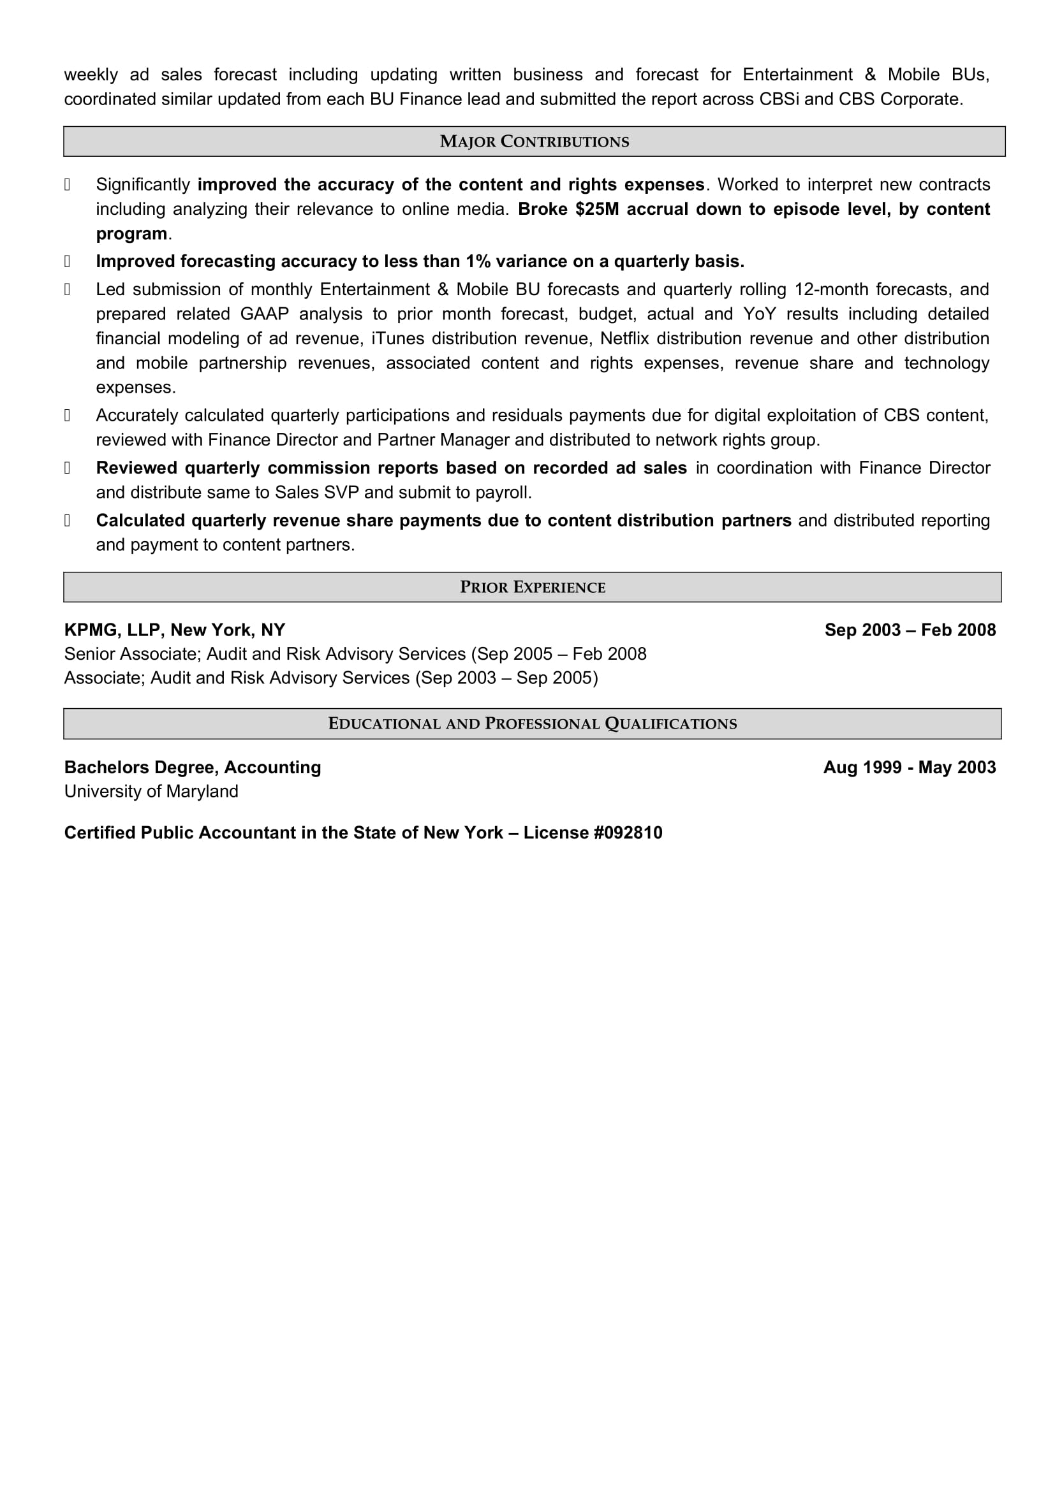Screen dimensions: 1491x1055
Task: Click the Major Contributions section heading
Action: coord(534,142)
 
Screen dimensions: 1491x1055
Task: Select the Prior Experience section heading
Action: coord(532,587)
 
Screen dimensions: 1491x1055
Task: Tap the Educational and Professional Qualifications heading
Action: coord(532,724)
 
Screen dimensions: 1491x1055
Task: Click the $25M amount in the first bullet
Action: coord(597,209)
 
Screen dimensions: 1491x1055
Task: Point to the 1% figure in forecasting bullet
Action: coord(478,261)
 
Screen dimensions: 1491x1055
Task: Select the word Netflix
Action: coord(625,338)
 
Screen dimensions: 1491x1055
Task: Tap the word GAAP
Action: coord(265,314)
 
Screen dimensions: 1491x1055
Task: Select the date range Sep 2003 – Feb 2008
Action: coord(910,630)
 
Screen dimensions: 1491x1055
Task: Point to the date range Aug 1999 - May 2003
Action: coord(909,767)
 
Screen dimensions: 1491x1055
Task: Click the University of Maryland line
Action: coord(151,791)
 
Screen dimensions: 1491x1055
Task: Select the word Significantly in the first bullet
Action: coord(143,184)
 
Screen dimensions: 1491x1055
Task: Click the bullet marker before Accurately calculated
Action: coord(67,416)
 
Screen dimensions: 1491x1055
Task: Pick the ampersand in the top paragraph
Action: coord(870,75)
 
